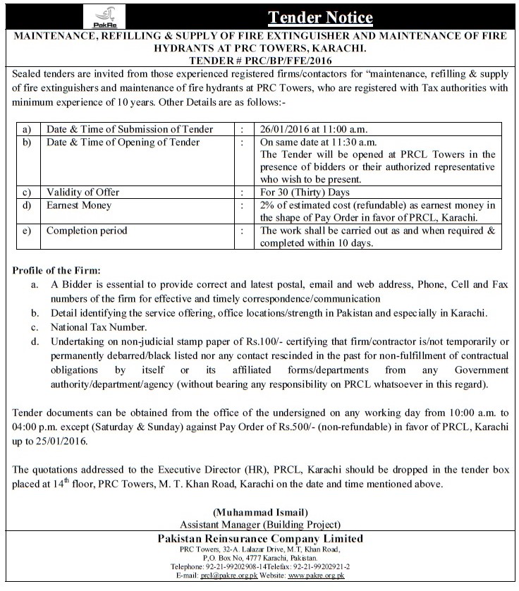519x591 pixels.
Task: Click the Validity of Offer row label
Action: click(83, 193)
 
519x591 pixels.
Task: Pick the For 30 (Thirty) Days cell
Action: click(303, 193)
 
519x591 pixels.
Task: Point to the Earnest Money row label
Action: click(78, 205)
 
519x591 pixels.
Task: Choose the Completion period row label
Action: click(87, 231)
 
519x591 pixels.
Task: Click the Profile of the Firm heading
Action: click(56, 271)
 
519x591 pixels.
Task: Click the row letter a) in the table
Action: click(27, 130)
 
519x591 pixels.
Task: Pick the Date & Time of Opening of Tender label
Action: click(121, 142)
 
